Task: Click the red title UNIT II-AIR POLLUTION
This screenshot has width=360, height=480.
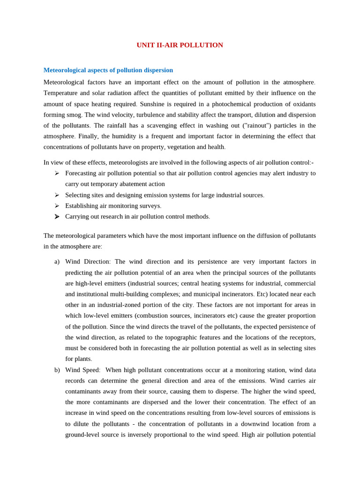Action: pyautogui.click(x=180, y=45)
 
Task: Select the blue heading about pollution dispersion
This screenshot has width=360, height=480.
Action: pyautogui.click(x=108, y=70)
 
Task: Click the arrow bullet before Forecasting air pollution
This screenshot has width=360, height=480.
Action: pyautogui.click(x=57, y=173)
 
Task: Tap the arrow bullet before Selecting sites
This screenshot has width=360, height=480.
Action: pyautogui.click(x=57, y=195)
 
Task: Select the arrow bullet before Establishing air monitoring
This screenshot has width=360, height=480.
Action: pyautogui.click(x=57, y=206)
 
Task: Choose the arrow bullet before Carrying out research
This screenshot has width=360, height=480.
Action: pyautogui.click(x=57, y=217)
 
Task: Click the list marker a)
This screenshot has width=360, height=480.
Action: pyautogui.click(x=57, y=262)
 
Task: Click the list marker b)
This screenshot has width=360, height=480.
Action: pyautogui.click(x=57, y=370)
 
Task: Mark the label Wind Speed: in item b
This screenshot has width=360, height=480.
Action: pyautogui.click(x=82, y=370)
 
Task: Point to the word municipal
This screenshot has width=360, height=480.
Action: pyautogui.click(x=204, y=294)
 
